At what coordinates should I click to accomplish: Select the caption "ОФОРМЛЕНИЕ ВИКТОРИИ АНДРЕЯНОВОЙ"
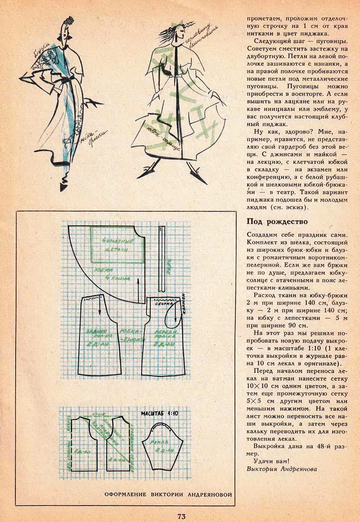coord(168,494)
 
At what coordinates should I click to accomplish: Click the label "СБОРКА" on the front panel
coord(164,304)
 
